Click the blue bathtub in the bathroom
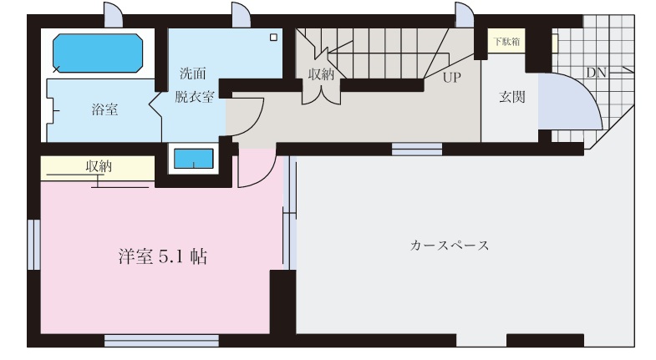(x=98, y=53)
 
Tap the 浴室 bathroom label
(x=104, y=109)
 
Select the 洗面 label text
(x=193, y=74)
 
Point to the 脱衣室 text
(x=195, y=97)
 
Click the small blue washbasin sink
(x=194, y=159)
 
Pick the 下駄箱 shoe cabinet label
(x=506, y=42)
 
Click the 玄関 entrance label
(x=512, y=97)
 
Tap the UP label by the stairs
(x=452, y=78)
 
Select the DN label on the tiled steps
(x=596, y=73)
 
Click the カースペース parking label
(x=450, y=245)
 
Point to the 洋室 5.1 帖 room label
(x=163, y=256)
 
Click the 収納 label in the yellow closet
(x=99, y=166)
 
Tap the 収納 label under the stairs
(x=321, y=74)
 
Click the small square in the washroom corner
(x=273, y=38)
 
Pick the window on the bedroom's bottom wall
(x=161, y=340)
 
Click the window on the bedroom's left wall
(x=34, y=245)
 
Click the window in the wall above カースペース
(x=417, y=150)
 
